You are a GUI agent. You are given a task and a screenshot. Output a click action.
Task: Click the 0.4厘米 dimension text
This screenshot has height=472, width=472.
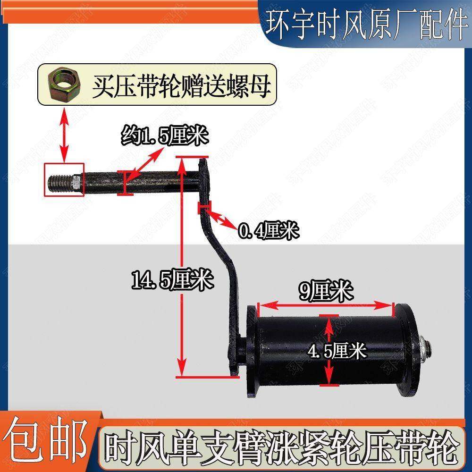[268, 231]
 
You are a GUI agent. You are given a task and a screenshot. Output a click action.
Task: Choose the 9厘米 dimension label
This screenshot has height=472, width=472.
[326, 292]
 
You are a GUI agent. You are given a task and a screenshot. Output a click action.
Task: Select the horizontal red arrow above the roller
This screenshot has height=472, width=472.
[326, 305]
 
